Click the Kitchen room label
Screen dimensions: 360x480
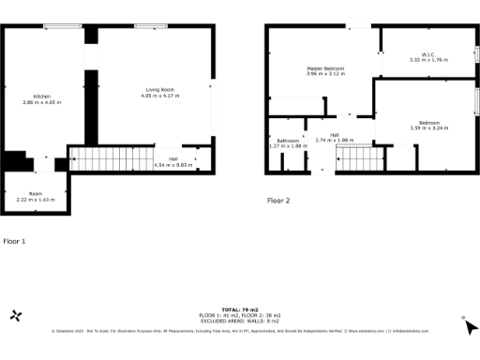[42, 97]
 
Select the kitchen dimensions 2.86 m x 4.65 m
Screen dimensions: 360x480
[42, 102]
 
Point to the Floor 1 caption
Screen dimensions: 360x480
[14, 241]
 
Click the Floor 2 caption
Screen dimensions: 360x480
[278, 201]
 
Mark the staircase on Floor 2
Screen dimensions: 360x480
[359, 159]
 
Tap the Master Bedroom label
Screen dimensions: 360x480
[325, 68]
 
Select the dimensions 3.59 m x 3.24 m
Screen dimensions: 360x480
[428, 128]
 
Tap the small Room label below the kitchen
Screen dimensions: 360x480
[36, 193]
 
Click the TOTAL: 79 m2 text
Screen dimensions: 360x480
[239, 308]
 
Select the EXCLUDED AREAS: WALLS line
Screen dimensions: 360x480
[239, 319]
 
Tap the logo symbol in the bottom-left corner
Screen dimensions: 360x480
[15, 316]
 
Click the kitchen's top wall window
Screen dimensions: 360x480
[61, 26]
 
